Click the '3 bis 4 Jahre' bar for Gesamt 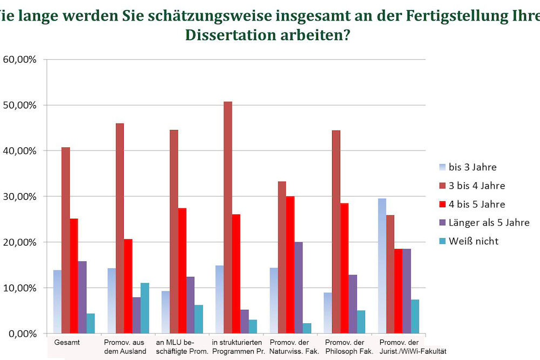coord(65,240)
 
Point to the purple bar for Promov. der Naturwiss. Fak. coord(298,287)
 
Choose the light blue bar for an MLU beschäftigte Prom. coord(165,312)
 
